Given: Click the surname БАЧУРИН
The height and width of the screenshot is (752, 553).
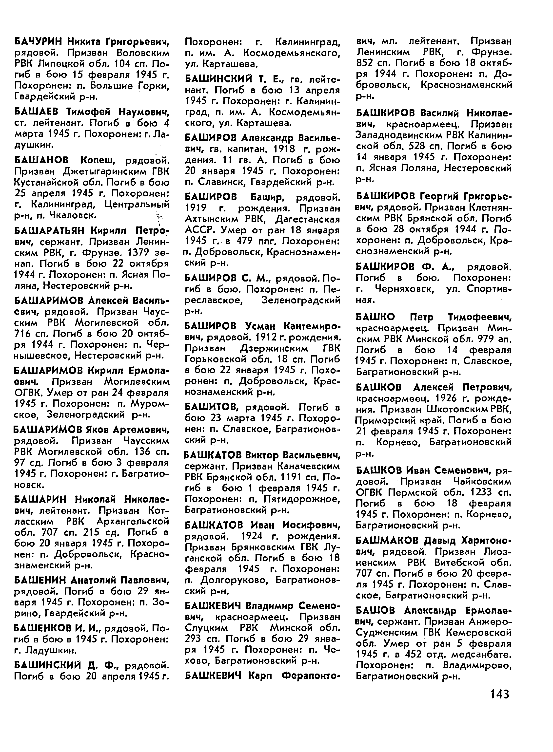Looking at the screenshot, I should click(x=39, y=42).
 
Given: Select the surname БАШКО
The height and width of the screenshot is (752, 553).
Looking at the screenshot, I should click(x=375, y=317).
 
